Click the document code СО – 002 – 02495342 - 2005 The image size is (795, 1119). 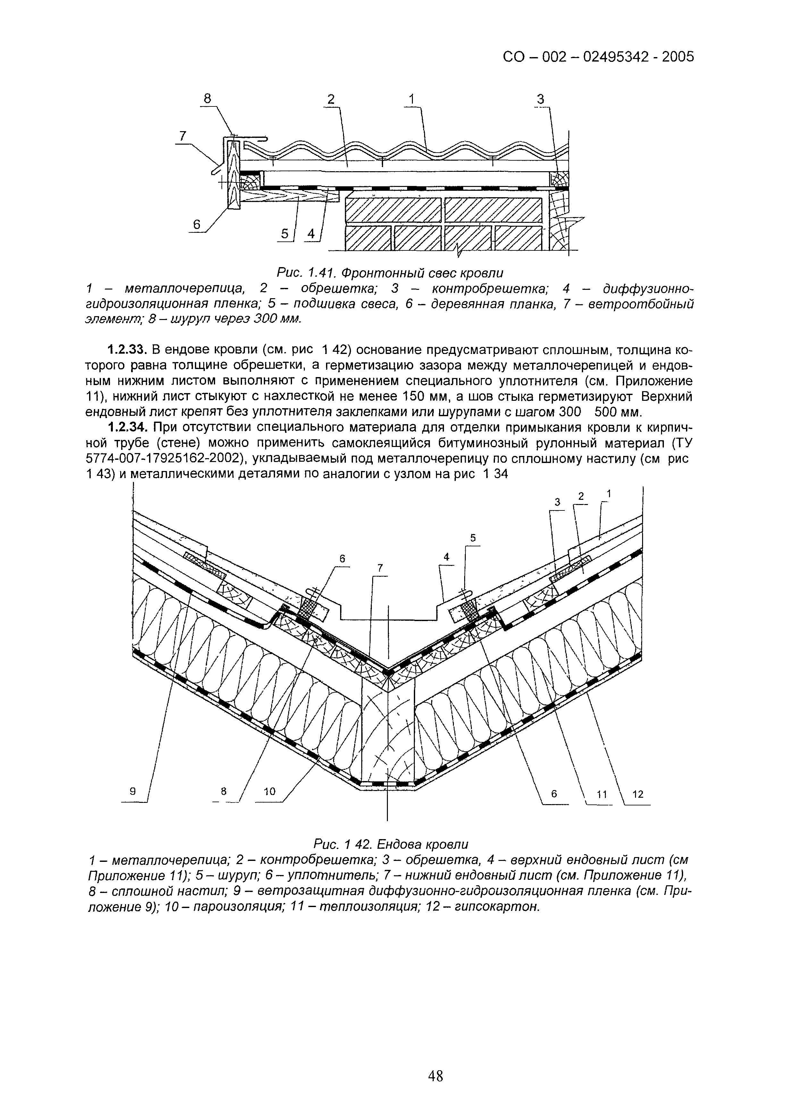(x=598, y=57)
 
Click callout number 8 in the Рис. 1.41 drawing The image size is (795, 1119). (x=207, y=98)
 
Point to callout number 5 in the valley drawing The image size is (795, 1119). (x=473, y=537)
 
